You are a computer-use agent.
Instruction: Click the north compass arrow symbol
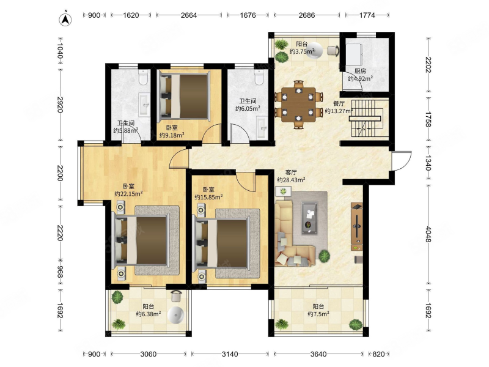click(65, 19)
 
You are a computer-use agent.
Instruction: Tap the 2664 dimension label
click(189, 15)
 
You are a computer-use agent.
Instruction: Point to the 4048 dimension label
click(428, 234)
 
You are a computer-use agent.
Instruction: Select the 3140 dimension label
click(230, 354)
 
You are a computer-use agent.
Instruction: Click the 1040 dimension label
click(61, 51)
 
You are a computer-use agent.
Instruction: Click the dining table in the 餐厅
click(298, 105)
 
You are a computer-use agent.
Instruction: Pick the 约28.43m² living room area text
click(291, 180)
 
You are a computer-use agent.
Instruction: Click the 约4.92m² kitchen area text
click(360, 79)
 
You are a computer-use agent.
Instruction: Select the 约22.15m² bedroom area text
click(128, 193)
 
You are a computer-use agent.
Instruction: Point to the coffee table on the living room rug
click(309, 218)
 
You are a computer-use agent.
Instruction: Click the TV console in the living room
click(357, 226)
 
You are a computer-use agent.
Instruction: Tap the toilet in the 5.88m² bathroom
click(143, 78)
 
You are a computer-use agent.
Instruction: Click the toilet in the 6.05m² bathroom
click(259, 77)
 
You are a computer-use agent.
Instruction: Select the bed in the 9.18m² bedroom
click(184, 97)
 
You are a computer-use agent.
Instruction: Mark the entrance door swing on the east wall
click(402, 161)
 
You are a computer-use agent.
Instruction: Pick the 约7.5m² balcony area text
click(318, 314)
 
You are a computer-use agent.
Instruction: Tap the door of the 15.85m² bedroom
click(246, 181)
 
